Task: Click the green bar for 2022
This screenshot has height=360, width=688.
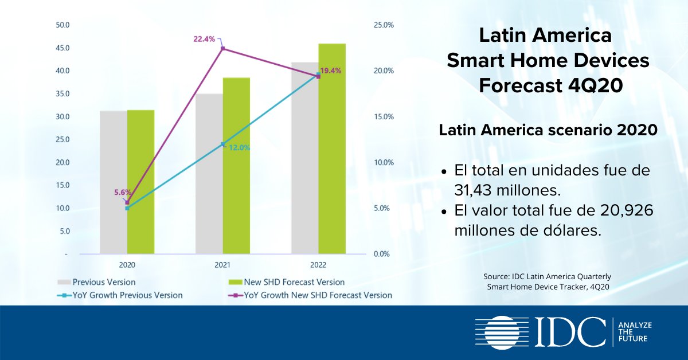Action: click(332, 149)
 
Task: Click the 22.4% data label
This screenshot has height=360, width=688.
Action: click(204, 39)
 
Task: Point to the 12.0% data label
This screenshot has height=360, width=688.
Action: click(240, 147)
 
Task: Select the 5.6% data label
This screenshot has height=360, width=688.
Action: click(123, 193)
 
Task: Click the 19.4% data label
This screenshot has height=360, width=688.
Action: click(331, 71)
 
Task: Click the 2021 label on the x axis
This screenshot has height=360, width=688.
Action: click(222, 265)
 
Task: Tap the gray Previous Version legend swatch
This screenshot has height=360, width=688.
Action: click(64, 282)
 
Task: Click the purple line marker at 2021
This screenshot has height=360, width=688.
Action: click(223, 49)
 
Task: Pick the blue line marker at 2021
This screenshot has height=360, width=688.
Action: click(223, 144)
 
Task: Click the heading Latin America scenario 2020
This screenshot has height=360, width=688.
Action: click(548, 130)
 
